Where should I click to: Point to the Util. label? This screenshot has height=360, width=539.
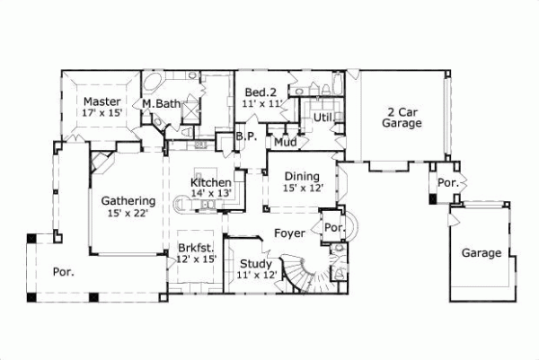(323, 117)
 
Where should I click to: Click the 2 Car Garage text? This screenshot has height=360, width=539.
(402, 118)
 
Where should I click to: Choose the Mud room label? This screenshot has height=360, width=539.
(286, 142)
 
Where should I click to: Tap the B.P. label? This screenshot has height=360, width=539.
(247, 137)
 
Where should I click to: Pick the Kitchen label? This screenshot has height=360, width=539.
(211, 182)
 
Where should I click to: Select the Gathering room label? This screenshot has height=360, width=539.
(128, 201)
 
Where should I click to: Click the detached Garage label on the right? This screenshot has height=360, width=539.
(482, 253)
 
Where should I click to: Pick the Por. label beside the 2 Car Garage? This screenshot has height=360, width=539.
(446, 182)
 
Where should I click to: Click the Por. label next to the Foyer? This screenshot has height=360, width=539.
(332, 227)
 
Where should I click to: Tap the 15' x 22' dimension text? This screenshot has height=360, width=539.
(128, 214)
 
